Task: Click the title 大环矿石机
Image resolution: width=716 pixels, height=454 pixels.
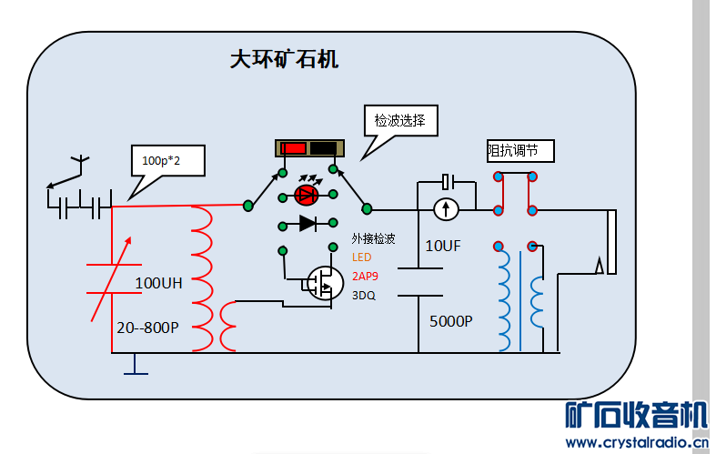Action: pos(284,60)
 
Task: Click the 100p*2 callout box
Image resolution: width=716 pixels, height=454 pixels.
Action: pos(167,161)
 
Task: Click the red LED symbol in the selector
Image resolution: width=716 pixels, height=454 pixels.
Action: pos(308,195)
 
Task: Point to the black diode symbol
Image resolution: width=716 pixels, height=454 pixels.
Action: pos(308,223)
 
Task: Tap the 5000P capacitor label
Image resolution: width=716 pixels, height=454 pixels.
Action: pos(451,320)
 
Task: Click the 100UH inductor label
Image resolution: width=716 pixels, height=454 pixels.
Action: pos(158,283)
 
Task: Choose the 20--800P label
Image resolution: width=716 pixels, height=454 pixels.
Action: pos(147,326)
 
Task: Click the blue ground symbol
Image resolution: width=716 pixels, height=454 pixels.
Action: pos(136,365)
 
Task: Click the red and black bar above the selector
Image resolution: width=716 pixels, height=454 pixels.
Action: pos(308,148)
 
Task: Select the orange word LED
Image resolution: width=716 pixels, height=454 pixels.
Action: pos(362,257)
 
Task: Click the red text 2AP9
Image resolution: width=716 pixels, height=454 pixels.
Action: pos(365,276)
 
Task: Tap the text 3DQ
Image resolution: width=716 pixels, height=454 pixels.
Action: pos(364,295)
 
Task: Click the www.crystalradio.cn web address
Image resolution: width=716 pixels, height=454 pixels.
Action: pos(635,443)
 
